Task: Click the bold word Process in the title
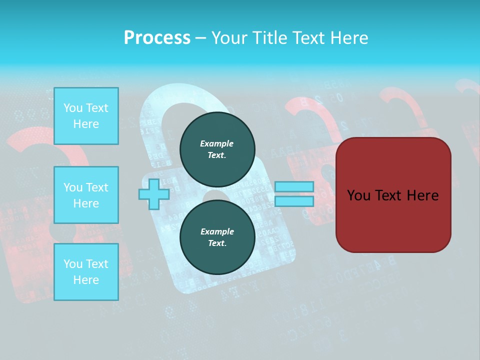coord(157,37)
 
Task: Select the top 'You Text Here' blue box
coord(86,116)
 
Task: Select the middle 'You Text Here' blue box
coord(86,195)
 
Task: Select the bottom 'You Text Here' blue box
coord(86,272)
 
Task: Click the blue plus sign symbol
coord(154,194)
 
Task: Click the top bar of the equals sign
coord(294,186)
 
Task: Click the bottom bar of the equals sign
coord(294,201)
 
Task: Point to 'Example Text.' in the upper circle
coord(217,149)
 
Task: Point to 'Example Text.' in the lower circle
coord(217,237)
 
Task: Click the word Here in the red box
coord(422,195)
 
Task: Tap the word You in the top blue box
coord(73,108)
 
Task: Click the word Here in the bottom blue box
coord(86,280)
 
